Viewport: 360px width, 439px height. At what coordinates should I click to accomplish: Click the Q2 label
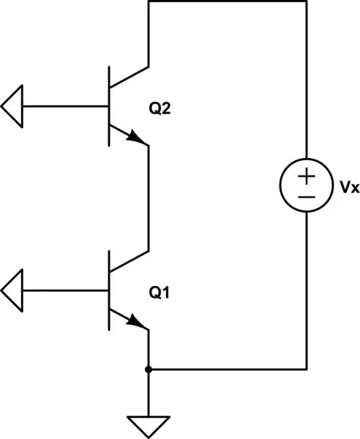[160, 109]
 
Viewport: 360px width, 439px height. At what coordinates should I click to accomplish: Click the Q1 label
[160, 293]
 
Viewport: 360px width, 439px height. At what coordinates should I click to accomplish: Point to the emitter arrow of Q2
[136, 138]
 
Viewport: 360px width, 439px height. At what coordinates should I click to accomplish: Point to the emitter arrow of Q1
[136, 321]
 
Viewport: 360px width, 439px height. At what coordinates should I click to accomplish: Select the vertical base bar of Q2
[109, 107]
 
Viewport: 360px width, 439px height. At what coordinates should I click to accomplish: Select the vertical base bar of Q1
[109, 290]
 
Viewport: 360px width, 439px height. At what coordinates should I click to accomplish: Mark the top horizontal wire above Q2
[227, 2]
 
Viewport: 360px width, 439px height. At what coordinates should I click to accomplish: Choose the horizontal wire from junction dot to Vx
[227, 369]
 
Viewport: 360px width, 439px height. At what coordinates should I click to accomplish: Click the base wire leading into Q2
[66, 107]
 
